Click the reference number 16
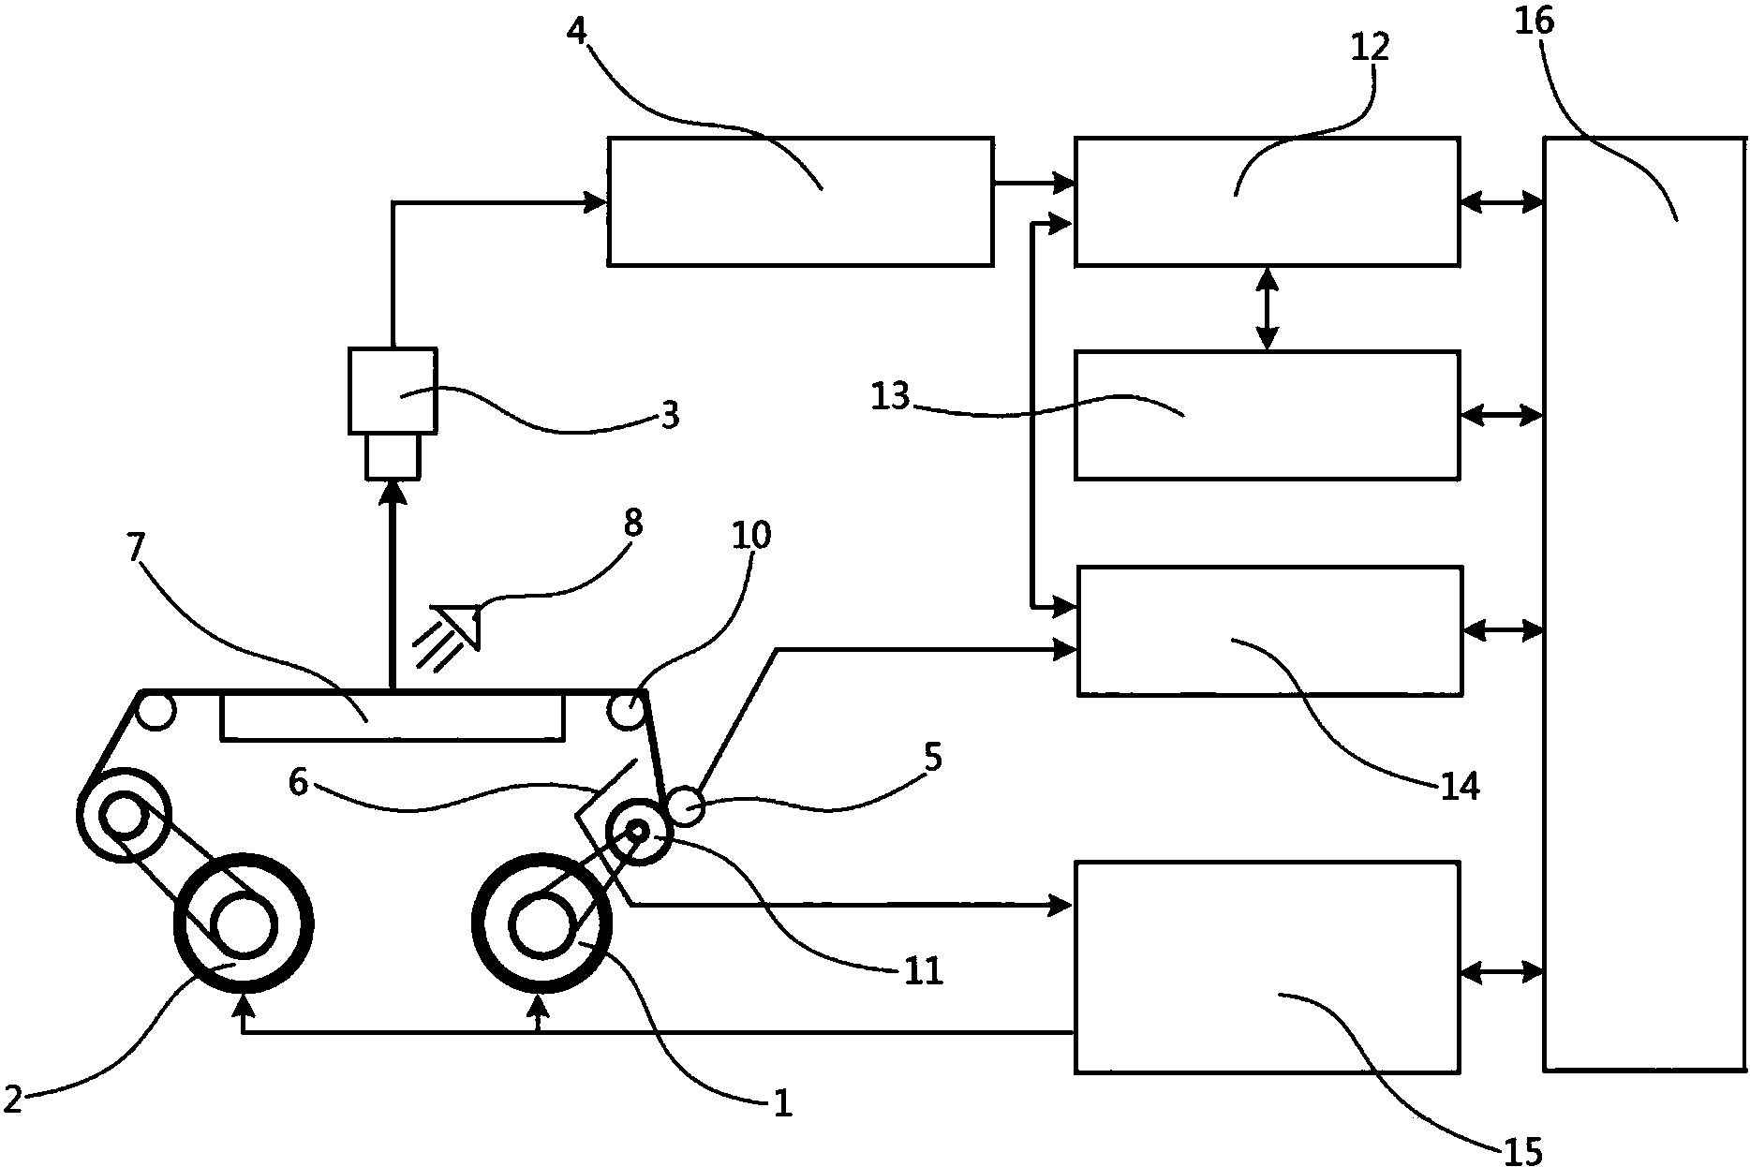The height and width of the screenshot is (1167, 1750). click(1535, 20)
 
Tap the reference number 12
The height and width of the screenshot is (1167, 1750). click(1371, 45)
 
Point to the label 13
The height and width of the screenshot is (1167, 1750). click(890, 396)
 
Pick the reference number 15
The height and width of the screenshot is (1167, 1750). click(1523, 1148)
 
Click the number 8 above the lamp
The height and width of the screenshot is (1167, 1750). click(633, 524)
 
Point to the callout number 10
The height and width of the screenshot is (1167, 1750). click(752, 536)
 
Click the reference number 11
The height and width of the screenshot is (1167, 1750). click(923, 971)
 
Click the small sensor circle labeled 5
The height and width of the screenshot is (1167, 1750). click(686, 807)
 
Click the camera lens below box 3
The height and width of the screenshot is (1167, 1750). click(393, 456)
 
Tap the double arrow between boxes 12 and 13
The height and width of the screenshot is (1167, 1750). click(1268, 308)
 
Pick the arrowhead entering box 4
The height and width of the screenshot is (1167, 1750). click(597, 200)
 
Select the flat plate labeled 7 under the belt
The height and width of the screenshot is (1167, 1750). click(392, 716)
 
